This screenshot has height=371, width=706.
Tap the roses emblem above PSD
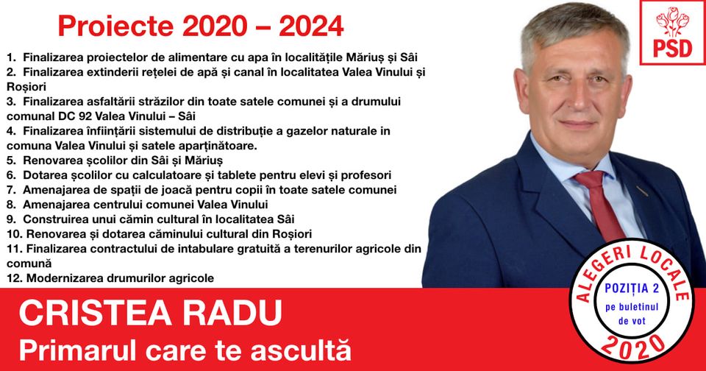672,21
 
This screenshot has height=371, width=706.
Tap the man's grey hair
574,26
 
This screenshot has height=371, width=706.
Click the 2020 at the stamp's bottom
632,347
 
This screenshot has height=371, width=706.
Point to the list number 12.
14,278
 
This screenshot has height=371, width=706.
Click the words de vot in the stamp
632,321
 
